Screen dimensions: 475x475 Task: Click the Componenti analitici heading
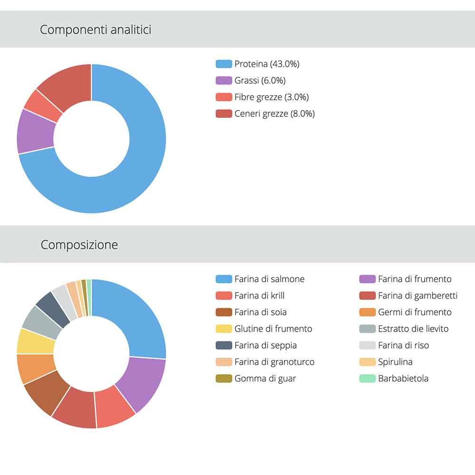(x=95, y=29)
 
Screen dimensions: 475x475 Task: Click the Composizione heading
(x=79, y=245)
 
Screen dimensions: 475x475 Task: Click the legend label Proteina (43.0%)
(x=266, y=64)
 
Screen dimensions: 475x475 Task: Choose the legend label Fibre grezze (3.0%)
(x=271, y=97)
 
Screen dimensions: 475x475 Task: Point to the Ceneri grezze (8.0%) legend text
(x=274, y=114)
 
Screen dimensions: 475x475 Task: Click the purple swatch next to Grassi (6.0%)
(x=224, y=80)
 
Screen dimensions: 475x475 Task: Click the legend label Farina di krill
(x=259, y=295)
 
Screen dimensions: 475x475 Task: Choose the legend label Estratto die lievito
(x=413, y=329)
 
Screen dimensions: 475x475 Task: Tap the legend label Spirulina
(x=395, y=362)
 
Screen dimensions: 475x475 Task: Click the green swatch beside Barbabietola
(x=367, y=379)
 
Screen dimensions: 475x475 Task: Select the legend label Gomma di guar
(x=265, y=379)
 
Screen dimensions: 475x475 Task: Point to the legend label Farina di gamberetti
(x=418, y=295)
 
